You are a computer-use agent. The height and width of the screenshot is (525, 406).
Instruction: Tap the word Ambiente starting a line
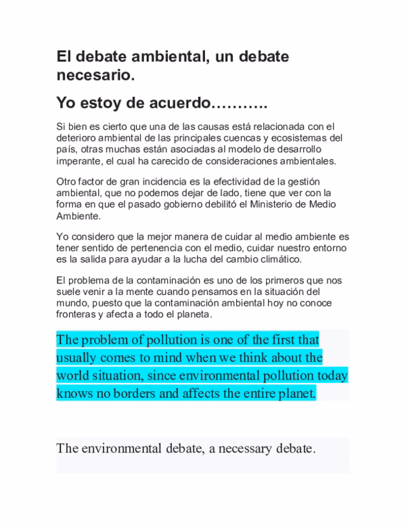pos(78,216)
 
